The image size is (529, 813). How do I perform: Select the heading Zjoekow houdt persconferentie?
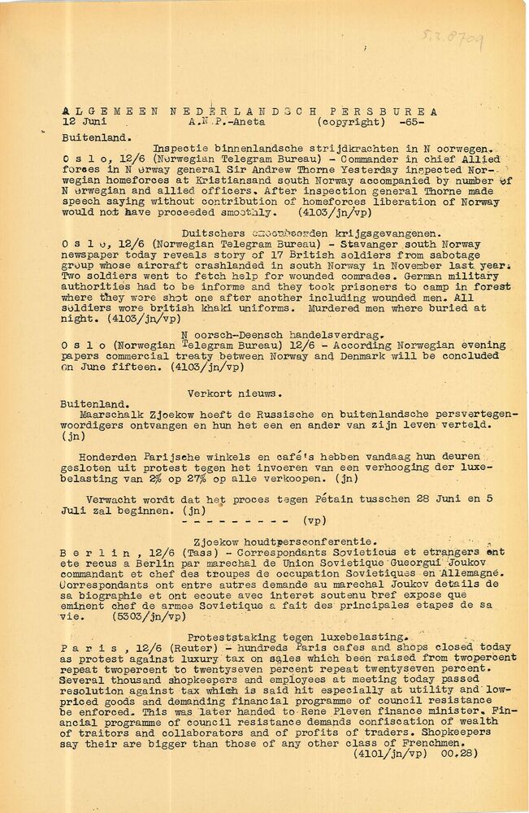[273, 541]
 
